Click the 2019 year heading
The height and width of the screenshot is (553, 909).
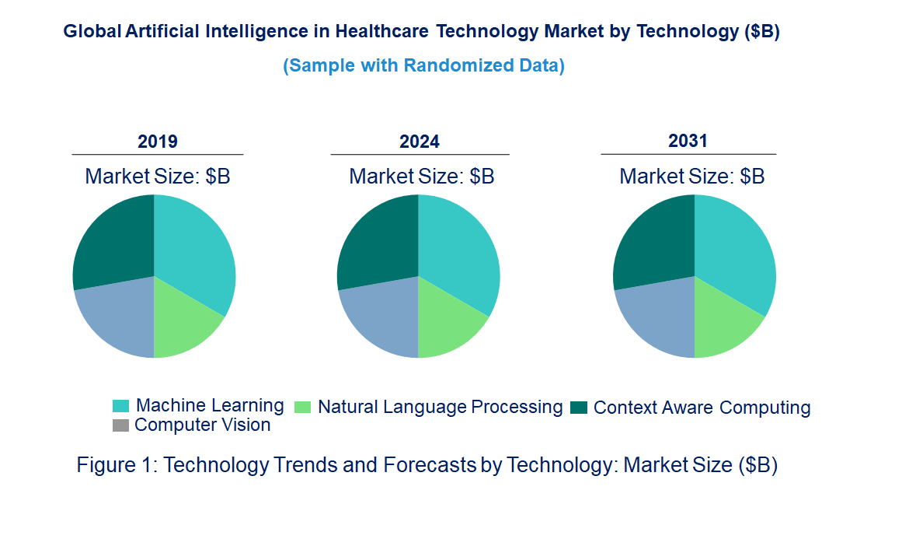click(158, 142)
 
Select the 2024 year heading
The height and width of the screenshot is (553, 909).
click(420, 142)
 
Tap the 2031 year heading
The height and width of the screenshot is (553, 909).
click(688, 141)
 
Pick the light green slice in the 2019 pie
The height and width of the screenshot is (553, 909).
click(183, 319)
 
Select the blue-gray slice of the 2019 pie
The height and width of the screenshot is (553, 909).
click(117, 315)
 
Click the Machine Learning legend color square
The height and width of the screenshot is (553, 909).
click(120, 406)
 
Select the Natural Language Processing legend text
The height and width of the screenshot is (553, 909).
click(440, 407)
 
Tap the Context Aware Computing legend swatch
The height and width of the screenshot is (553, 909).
click(578, 408)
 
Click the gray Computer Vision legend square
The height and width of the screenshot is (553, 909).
click(120, 425)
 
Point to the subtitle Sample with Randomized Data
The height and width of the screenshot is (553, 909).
click(423, 65)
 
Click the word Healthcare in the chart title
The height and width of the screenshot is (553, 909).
click(382, 32)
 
